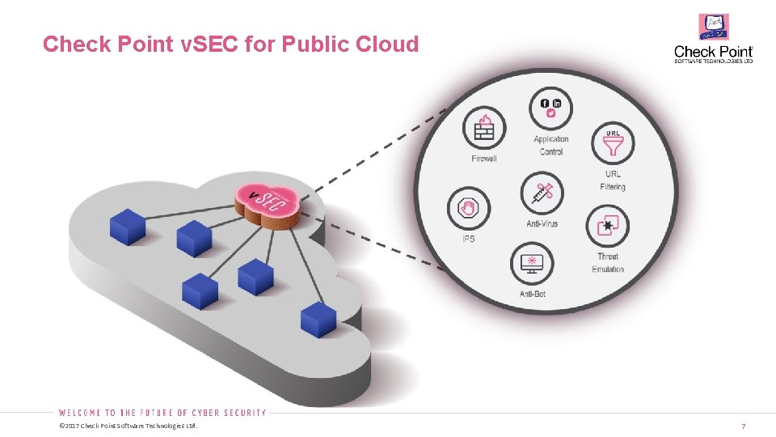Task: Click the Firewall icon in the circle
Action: tap(484, 128)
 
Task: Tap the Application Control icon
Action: tap(551, 108)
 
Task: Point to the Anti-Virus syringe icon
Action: tap(542, 193)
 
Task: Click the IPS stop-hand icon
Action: tap(469, 210)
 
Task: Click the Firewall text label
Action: tap(484, 159)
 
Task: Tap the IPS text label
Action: tap(469, 240)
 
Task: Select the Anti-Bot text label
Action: tap(533, 294)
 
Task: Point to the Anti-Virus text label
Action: tap(542, 223)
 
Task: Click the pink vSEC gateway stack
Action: tap(268, 203)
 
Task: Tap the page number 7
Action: tap(743, 426)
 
